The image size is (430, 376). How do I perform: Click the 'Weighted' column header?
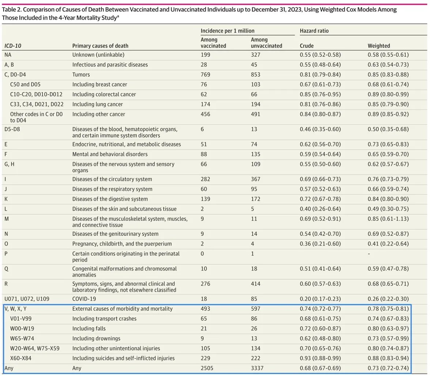(378, 46)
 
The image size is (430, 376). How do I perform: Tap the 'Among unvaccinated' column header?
(266, 43)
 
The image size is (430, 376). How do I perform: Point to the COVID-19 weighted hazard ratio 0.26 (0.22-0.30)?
(388, 299)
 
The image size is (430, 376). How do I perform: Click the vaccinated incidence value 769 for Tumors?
(206, 75)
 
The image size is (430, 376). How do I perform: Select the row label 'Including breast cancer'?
(99, 85)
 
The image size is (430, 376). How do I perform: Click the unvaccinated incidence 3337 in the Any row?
(257, 368)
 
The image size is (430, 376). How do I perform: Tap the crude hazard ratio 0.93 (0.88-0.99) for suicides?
(320, 358)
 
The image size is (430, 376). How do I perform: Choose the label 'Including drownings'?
(96, 338)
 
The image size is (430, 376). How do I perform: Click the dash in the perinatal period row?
(369, 254)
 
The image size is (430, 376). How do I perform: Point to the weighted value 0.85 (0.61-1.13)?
(388, 219)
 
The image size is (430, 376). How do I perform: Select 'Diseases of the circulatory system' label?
(112, 179)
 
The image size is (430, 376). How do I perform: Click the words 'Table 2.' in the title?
(12, 10)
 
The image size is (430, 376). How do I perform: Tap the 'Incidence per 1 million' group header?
(227, 31)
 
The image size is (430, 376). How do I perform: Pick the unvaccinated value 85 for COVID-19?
(254, 299)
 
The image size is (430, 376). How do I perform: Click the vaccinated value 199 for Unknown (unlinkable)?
(205, 55)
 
